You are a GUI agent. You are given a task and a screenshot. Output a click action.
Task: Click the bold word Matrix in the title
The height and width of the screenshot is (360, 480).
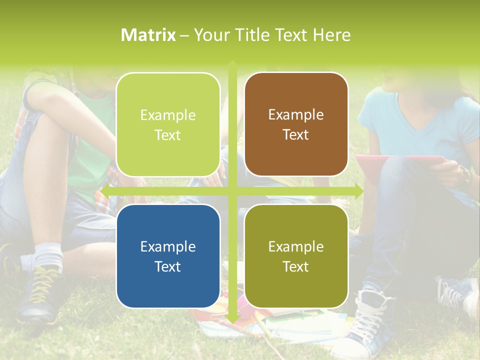tap(148, 35)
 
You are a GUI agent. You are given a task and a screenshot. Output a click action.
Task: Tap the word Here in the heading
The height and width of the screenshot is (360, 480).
tap(331, 35)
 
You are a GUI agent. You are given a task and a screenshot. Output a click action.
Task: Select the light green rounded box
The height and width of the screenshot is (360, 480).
tap(168, 124)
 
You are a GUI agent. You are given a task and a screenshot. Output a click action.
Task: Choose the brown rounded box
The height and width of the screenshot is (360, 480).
tap(296, 124)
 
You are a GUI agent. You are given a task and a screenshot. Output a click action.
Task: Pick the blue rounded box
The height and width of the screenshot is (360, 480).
tap(168, 256)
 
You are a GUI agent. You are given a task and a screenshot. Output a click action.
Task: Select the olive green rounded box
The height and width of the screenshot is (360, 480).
tap(296, 256)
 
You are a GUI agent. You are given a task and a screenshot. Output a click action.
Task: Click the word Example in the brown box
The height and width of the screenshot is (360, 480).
tap(296, 115)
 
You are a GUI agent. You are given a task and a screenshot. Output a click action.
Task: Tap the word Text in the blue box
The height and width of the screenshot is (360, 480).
tap(168, 266)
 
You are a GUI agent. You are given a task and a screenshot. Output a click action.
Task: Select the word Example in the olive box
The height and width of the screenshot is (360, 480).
tap(296, 246)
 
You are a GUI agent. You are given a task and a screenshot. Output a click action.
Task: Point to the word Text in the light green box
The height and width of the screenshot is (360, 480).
tap(168, 135)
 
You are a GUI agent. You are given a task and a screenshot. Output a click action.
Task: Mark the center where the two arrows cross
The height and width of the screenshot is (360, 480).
tap(232, 191)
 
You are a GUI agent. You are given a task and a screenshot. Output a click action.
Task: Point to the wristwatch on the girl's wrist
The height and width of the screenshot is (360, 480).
tap(466, 175)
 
